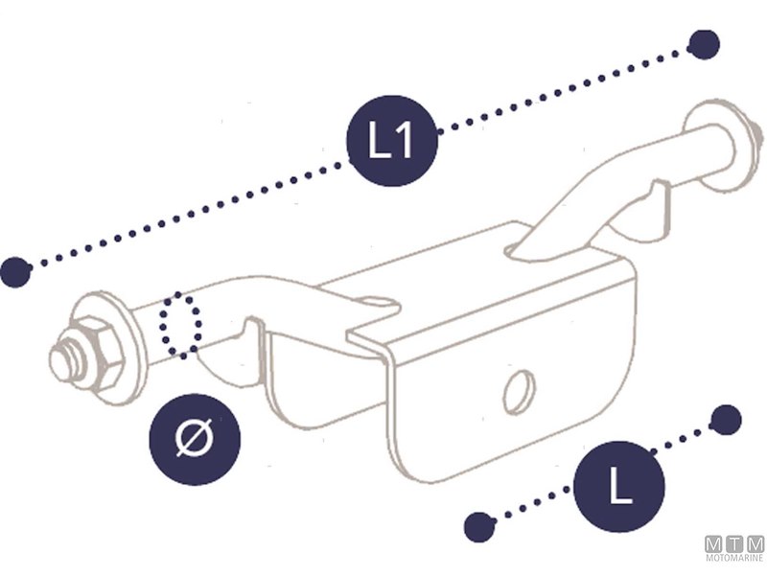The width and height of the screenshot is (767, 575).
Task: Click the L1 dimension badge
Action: pyautogui.click(x=392, y=141)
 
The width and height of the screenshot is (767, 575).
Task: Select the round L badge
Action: pyautogui.click(x=619, y=487)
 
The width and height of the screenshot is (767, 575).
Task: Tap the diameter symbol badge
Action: pyautogui.click(x=195, y=439)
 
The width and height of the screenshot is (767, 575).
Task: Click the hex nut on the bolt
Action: pyautogui.click(x=99, y=352)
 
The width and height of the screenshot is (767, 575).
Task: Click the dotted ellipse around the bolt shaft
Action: pyautogui.click(x=180, y=325)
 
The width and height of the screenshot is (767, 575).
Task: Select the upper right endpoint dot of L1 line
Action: pyautogui.click(x=704, y=45)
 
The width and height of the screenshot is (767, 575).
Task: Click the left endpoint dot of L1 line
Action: pyautogui.click(x=15, y=272)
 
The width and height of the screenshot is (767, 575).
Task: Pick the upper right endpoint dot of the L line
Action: pyautogui.click(x=726, y=420)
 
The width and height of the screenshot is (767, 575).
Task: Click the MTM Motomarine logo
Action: pyautogui.click(x=734, y=548)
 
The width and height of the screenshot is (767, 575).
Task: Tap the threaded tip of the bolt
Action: pyautogui.click(x=64, y=360)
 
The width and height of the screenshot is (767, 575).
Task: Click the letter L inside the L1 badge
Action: pyautogui.click(x=378, y=140)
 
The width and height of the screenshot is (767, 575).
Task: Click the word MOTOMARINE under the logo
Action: pyautogui.click(x=734, y=558)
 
